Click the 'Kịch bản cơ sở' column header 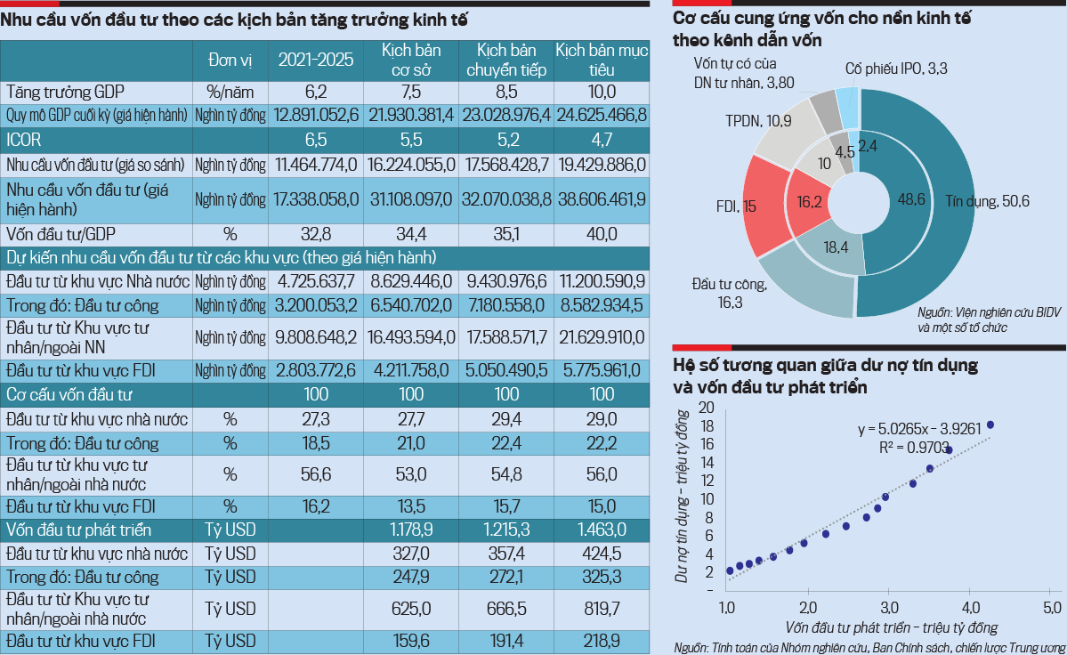[411, 59]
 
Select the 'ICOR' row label [24, 140]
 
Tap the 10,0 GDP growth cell [602, 92]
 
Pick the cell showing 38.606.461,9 [602, 200]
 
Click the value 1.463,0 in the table [602, 530]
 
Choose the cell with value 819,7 [602, 608]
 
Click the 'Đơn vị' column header [230, 60]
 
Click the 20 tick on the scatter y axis [707, 407]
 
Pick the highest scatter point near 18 [990, 425]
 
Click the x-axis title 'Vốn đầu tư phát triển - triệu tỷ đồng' [892, 627]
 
